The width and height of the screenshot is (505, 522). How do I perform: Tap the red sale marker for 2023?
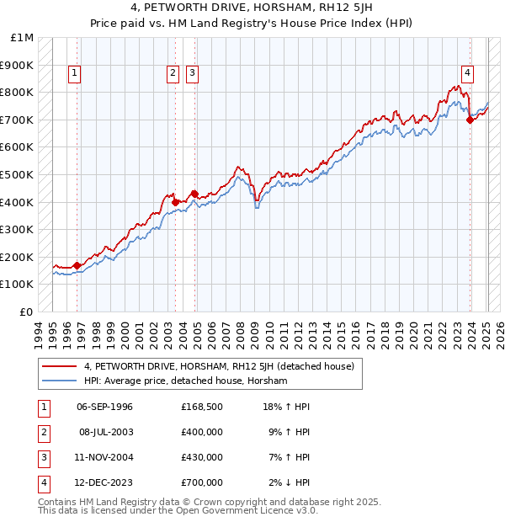[470, 120]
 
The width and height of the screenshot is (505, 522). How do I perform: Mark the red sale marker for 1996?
[77, 265]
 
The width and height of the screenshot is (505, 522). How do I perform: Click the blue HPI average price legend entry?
[185, 381]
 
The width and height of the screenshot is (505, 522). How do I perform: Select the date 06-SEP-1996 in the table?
[104, 407]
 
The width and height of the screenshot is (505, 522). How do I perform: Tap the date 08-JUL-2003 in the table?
[104, 432]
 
